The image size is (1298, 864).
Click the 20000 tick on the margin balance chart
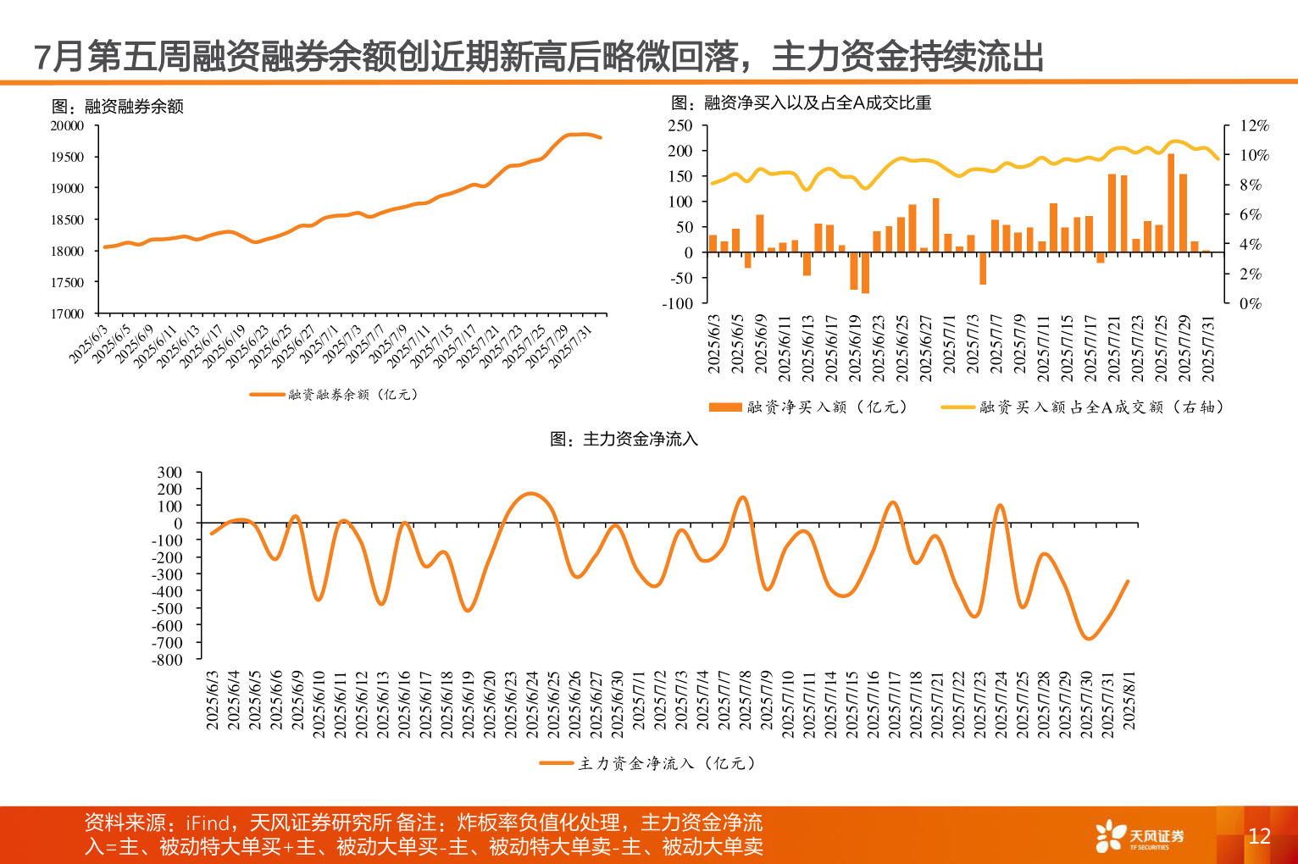(68, 126)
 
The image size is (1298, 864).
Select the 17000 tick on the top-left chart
(68, 313)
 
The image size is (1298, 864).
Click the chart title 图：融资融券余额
(118, 107)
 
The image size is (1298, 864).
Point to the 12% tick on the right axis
(1254, 126)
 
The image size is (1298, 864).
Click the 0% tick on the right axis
(1250, 303)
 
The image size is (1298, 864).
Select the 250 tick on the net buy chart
(680, 126)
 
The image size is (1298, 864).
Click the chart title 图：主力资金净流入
(624, 439)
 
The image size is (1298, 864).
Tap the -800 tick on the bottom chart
(167, 660)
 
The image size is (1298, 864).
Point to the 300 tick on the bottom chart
(169, 473)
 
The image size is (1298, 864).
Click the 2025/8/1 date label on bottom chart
(1129, 701)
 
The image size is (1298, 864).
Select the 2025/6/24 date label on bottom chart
(532, 701)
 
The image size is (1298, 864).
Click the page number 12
(1259, 836)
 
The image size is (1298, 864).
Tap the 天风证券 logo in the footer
(1140, 837)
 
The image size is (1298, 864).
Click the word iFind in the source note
(208, 823)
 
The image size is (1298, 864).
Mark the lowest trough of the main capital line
(1089, 639)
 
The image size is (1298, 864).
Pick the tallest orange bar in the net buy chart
(1171, 202)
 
